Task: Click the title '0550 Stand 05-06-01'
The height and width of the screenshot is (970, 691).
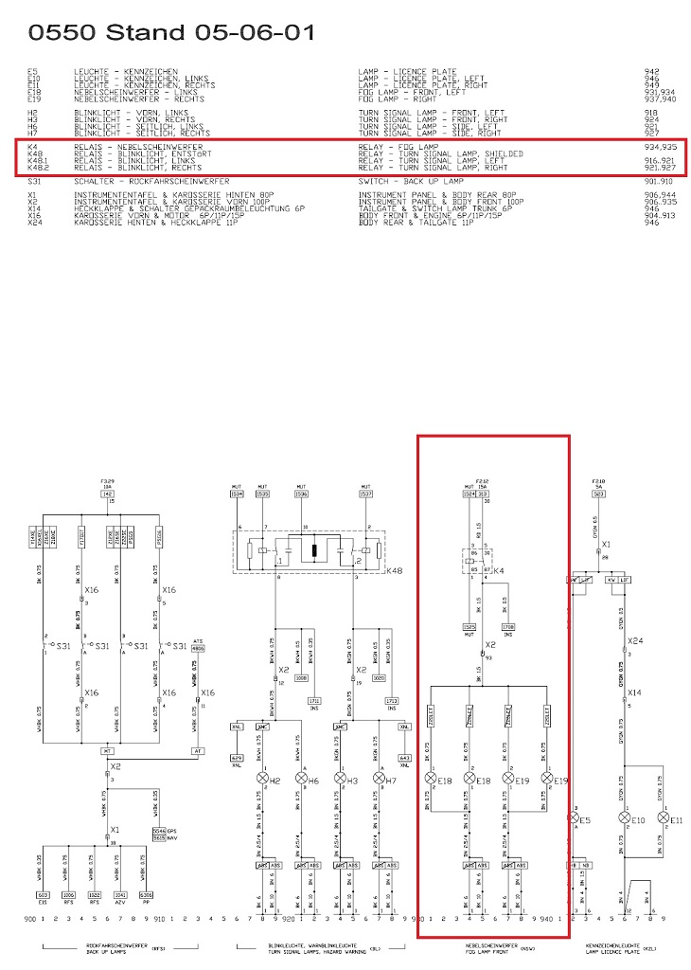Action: (x=170, y=33)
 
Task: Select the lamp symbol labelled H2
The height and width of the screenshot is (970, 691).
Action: (x=262, y=780)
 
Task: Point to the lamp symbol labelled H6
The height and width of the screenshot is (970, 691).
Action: (x=301, y=780)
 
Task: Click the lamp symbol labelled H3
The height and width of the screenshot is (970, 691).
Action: (x=339, y=780)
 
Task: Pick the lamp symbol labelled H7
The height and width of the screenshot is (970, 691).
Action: (x=378, y=780)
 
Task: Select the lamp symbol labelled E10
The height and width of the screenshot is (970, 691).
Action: (x=624, y=817)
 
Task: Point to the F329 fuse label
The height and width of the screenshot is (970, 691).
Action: (x=107, y=481)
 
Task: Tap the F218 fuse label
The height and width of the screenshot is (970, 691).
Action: (x=597, y=481)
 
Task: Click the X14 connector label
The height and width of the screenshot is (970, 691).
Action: (x=633, y=693)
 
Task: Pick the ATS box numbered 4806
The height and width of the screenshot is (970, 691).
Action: (x=199, y=647)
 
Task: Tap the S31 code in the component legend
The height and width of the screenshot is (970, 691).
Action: (x=33, y=181)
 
